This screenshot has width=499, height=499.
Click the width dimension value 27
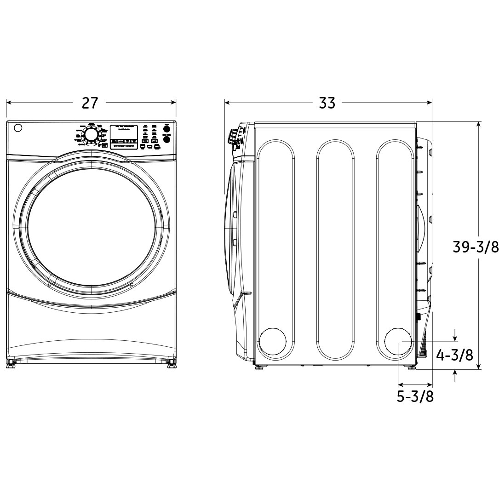90,103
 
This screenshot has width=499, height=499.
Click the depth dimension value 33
327,103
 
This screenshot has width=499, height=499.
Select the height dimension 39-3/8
475,247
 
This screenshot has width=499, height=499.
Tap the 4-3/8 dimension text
454,355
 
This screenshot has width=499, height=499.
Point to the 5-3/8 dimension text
415,396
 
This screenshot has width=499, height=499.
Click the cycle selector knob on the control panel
91,135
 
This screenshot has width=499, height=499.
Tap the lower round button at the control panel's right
167,139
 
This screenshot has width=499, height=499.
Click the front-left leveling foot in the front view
11,364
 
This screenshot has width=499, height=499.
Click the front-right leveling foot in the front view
171,364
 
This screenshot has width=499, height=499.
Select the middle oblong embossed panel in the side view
335,249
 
